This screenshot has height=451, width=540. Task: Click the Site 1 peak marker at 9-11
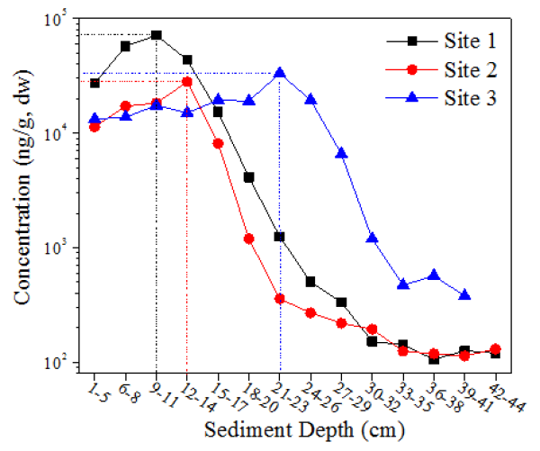point(157,35)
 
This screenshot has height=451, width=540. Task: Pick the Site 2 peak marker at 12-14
point(187,81)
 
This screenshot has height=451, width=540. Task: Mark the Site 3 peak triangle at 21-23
point(280,73)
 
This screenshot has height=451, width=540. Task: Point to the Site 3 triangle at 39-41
point(464,295)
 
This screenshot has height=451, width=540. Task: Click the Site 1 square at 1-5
point(94,83)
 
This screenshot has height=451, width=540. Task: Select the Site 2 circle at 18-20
point(249,239)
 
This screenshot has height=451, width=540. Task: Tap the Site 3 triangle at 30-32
point(372,238)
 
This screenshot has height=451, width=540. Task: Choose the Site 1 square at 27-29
point(341,302)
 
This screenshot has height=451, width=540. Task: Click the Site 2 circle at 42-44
point(495,349)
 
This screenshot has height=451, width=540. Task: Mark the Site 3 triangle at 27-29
point(341,153)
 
